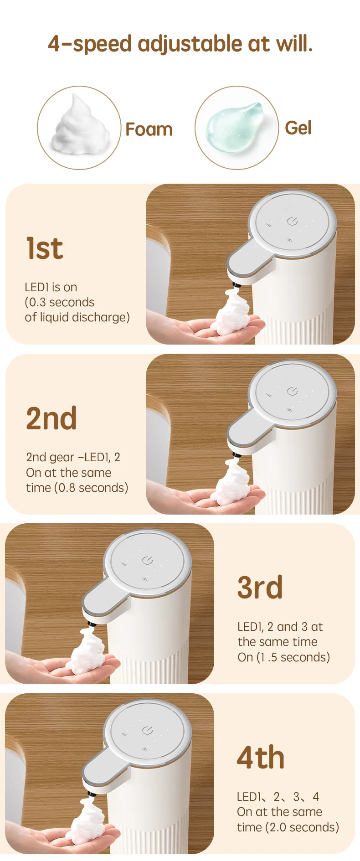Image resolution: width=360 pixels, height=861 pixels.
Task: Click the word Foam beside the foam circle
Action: (149, 129)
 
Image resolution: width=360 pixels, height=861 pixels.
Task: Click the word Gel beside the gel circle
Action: (298, 128)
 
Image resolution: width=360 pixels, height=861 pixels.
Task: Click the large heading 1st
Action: (44, 249)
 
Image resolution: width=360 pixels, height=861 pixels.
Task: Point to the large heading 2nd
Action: (51, 419)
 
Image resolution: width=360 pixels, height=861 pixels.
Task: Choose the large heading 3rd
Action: (260, 588)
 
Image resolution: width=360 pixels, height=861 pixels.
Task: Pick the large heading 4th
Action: (261, 758)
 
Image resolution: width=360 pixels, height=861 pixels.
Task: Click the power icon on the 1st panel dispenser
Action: (292, 221)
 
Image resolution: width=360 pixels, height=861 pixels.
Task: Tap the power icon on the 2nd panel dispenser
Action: (292, 391)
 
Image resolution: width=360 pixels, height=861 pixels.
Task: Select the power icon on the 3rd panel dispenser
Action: (147, 560)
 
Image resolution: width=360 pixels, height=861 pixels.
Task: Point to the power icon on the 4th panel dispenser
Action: (147, 730)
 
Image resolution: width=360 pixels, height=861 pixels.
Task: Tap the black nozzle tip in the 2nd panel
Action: (236, 454)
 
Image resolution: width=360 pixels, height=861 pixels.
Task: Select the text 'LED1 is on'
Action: (51, 287)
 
